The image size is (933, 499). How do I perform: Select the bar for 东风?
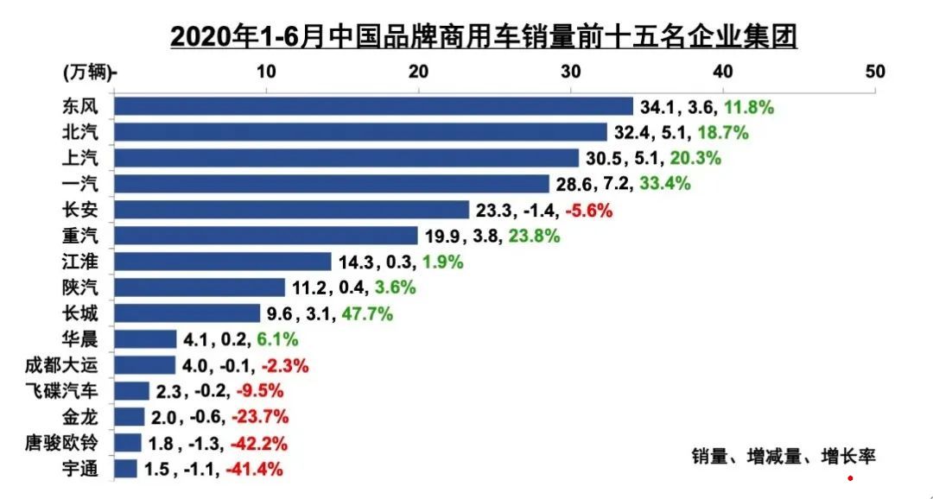click(x=374, y=106)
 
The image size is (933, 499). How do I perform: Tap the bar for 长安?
click(x=292, y=210)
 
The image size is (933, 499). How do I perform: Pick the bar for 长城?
click(x=187, y=313)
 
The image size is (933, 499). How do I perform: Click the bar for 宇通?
click(x=126, y=469)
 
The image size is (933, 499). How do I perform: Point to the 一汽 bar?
click(x=332, y=184)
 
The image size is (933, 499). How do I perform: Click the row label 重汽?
click(x=80, y=236)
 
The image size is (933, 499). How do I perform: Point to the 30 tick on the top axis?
click(x=570, y=72)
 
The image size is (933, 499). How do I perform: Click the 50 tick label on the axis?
click(x=875, y=72)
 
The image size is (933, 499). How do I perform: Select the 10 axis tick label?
click(x=266, y=72)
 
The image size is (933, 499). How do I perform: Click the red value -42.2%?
click(x=257, y=444)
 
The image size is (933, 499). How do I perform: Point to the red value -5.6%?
click(x=589, y=211)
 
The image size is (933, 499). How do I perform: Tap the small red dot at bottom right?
click(x=850, y=477)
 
